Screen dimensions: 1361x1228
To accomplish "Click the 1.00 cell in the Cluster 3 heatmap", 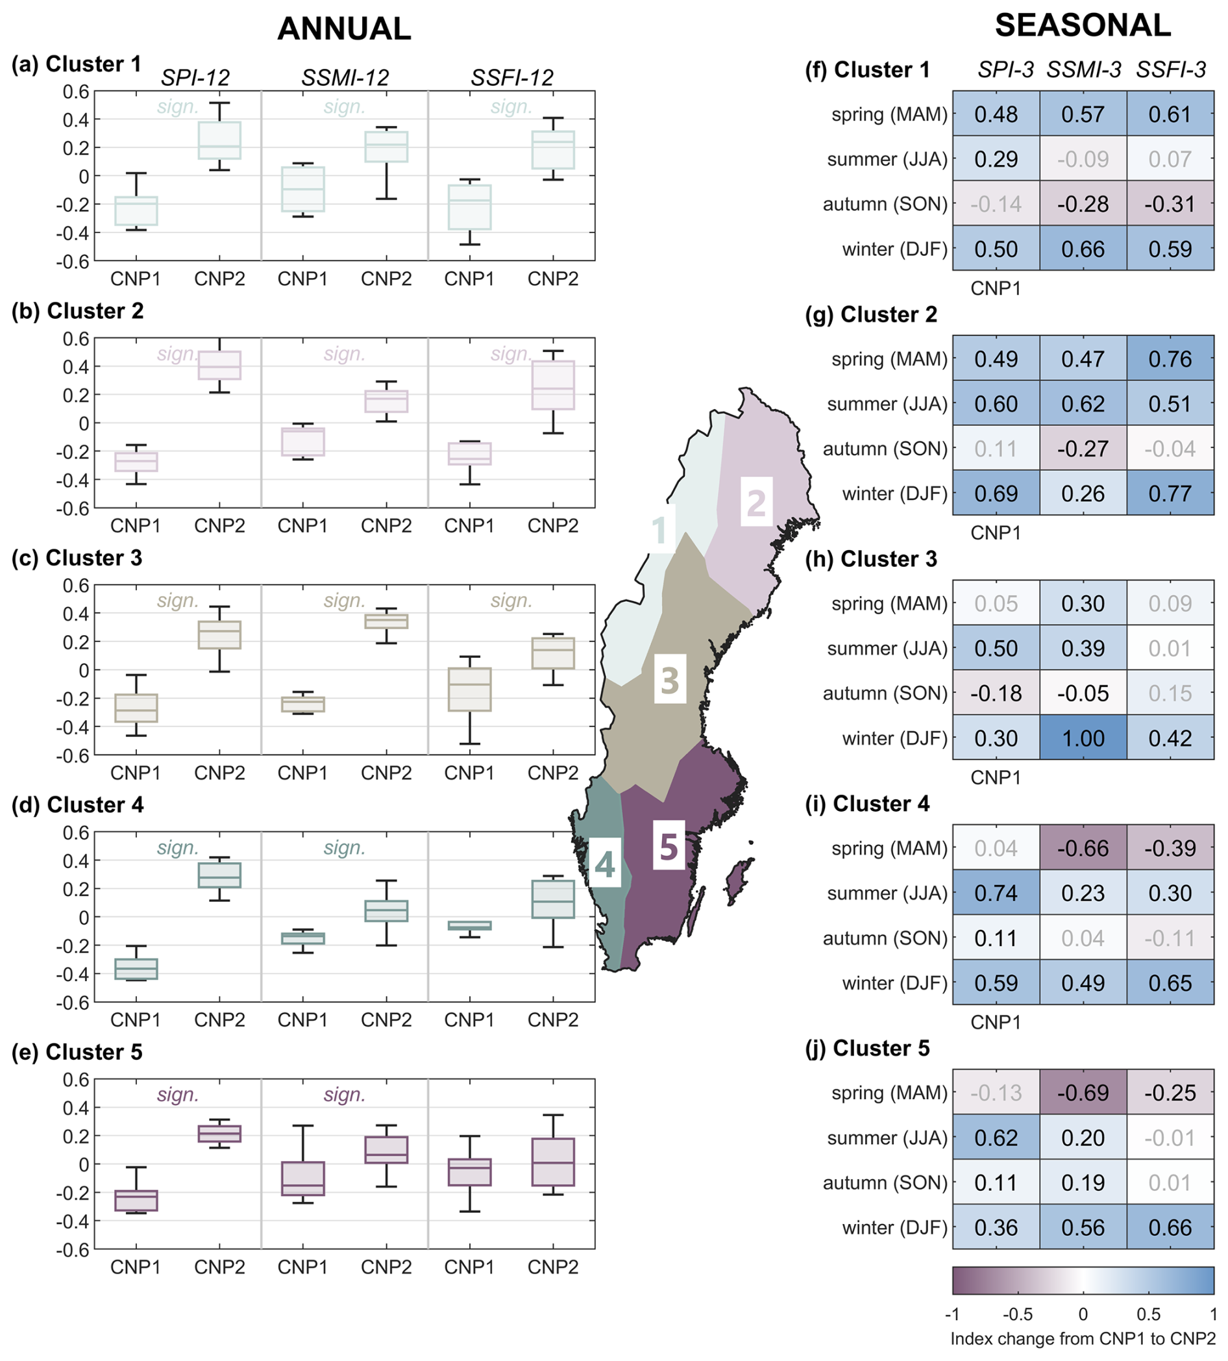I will [1082, 738].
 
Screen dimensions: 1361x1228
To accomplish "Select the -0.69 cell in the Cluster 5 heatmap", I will [1082, 1092].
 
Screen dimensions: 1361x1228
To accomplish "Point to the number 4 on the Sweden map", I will [604, 865].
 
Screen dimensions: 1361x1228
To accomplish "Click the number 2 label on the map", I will [756, 503].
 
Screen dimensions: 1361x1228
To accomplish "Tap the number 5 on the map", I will [669, 847].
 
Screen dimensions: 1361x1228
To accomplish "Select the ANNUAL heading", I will [344, 29].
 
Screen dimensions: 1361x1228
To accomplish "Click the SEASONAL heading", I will [1082, 26].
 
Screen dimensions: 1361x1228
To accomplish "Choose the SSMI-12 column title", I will [345, 79].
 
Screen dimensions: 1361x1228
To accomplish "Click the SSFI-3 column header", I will [1171, 69].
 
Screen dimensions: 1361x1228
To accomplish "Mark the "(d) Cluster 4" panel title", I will [78, 805].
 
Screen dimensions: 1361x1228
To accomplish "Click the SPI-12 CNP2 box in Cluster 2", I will [219, 365].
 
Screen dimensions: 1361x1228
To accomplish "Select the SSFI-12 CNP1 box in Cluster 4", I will [470, 925].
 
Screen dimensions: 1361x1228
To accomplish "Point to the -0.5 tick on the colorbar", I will [1017, 1314].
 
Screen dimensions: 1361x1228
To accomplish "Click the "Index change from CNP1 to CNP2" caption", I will [1082, 1339].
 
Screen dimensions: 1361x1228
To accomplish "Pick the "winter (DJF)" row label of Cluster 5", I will [894, 1227].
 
